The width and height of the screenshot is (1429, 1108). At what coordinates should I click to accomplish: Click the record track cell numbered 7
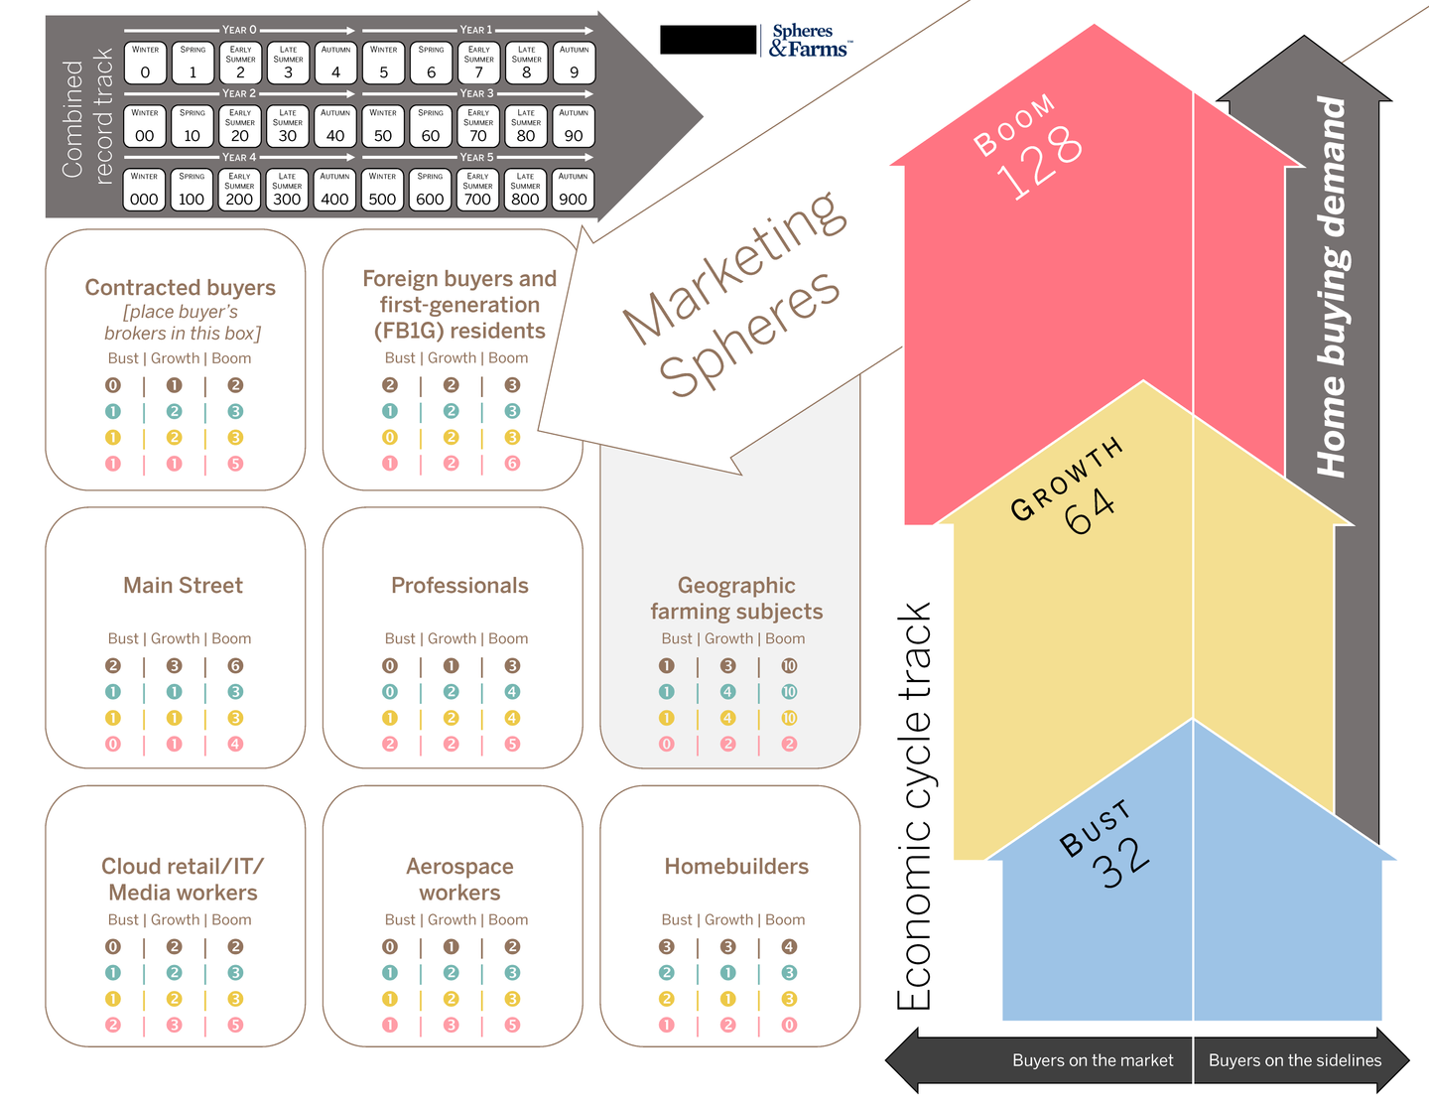[x=478, y=64]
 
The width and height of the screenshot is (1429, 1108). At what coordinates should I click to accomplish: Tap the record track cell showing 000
[x=144, y=191]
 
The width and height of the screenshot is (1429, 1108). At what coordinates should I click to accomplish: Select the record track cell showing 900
[x=573, y=191]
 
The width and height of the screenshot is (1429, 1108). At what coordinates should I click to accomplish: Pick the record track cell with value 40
[x=335, y=127]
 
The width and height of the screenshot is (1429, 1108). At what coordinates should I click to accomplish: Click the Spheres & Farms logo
[x=809, y=41]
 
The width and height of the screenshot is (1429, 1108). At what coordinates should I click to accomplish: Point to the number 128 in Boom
[x=1038, y=161]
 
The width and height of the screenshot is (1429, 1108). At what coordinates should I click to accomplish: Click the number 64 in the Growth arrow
[x=1089, y=510]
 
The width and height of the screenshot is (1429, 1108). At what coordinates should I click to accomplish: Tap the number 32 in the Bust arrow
[x=1121, y=862]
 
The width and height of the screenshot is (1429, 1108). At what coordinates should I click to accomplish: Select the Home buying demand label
[x=1332, y=287]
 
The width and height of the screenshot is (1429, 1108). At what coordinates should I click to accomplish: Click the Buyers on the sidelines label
[x=1294, y=1060]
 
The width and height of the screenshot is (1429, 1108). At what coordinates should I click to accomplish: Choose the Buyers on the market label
[x=1092, y=1060]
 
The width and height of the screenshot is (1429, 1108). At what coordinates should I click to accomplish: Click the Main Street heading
[x=183, y=586]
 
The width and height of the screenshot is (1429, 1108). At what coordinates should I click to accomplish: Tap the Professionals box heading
[x=459, y=586]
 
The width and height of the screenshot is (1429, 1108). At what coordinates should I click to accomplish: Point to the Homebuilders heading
[x=736, y=867]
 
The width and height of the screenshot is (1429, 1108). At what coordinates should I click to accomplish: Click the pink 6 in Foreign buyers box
[x=512, y=464]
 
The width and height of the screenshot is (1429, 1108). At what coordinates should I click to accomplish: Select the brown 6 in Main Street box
[x=235, y=666]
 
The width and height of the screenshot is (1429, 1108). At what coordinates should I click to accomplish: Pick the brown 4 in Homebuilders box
[x=789, y=947]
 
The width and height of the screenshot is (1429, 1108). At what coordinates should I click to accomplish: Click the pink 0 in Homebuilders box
[x=789, y=1025]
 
